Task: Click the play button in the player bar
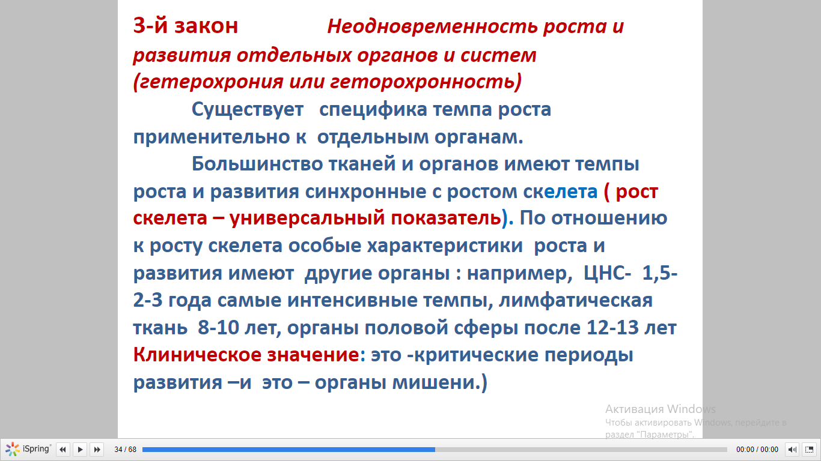[x=80, y=449]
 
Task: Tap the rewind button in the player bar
[x=63, y=449]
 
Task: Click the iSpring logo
[x=28, y=449]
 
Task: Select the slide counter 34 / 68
[x=125, y=449]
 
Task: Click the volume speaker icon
[x=792, y=449]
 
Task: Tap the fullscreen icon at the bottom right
[x=809, y=449]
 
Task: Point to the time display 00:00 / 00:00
[x=757, y=449]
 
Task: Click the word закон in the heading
[x=206, y=26]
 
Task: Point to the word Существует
[x=248, y=109]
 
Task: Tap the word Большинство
[x=257, y=164]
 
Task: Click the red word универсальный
[x=307, y=218]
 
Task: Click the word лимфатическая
[x=575, y=301]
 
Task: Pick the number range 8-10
[x=218, y=327]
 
